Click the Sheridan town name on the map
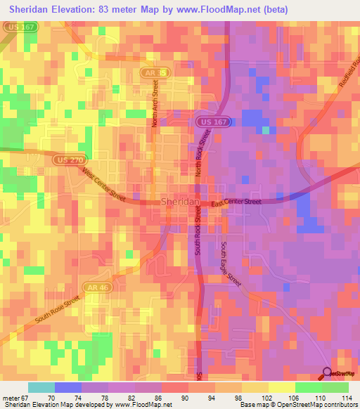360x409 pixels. coord(181,202)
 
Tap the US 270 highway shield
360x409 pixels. coord(64,160)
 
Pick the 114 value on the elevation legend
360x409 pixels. coord(347,398)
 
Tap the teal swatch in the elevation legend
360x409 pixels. coord(41,387)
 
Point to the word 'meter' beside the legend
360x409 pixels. coord(12,398)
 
